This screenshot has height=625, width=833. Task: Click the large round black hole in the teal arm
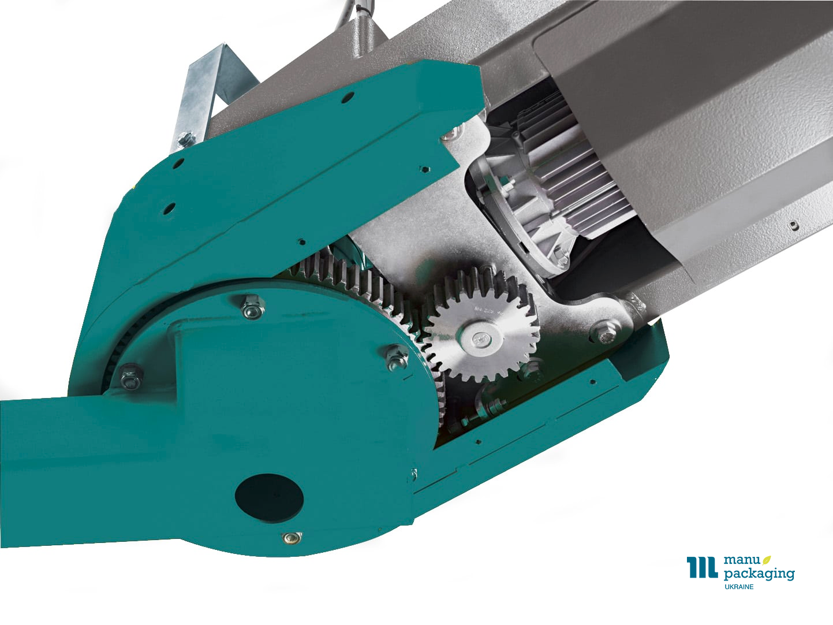click(x=269, y=498)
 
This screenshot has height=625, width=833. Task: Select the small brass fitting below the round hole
click(x=292, y=537)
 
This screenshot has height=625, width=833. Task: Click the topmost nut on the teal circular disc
click(x=253, y=307)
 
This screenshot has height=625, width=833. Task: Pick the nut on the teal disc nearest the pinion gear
click(x=397, y=358)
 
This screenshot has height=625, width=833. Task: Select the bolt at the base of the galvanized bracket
click(x=185, y=139)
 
